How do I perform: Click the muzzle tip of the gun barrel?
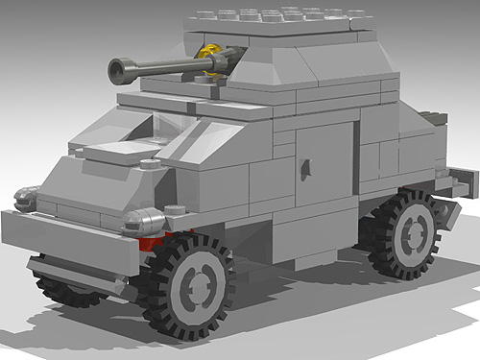[x=116, y=68]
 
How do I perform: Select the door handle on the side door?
[x=305, y=168]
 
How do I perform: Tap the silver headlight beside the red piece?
[x=145, y=223]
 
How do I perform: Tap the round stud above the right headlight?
[x=175, y=209]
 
